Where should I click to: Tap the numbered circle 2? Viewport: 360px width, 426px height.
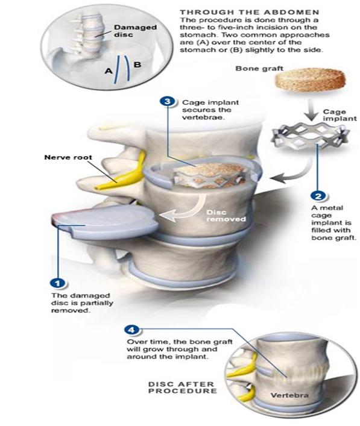318,196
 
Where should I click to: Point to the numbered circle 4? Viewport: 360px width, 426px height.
132,330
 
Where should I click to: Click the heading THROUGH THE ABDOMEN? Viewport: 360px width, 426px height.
250,12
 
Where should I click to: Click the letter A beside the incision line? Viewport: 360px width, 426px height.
109,71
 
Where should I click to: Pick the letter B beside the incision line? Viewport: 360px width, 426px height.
137,64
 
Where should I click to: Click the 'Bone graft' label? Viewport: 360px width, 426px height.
259,69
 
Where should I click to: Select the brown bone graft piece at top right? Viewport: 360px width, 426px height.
311,80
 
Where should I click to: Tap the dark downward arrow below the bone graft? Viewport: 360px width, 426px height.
312,110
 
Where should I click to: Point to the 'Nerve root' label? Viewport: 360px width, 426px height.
68,157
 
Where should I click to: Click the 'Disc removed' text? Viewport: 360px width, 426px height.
226,216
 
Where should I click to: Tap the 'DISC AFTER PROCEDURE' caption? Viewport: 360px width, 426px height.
183,387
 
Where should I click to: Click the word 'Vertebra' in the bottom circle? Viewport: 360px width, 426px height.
289,395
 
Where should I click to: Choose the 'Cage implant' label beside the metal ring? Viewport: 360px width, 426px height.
339,115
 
